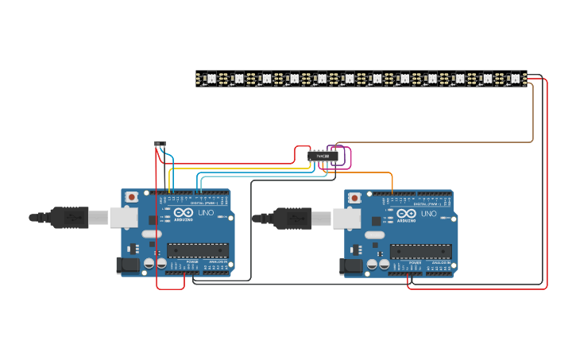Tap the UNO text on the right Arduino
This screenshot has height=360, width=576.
[x=428, y=214]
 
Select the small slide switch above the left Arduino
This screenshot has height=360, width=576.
[x=160, y=145]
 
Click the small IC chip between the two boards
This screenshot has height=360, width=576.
[x=323, y=156]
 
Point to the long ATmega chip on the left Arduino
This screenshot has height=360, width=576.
[x=197, y=251]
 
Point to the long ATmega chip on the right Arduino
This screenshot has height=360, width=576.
[x=420, y=251]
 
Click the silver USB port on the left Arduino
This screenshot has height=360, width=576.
[x=123, y=217]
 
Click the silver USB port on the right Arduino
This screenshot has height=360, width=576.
[x=346, y=217]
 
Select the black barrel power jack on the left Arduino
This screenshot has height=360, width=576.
[x=127, y=265]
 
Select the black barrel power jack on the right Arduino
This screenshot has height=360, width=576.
[x=350, y=265]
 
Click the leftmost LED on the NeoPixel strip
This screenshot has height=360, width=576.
[x=211, y=79]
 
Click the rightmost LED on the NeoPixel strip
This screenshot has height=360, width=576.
[x=515, y=79]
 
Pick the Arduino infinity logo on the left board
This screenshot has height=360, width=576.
[x=183, y=214]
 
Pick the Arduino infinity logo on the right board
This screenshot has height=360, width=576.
[x=406, y=214]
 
